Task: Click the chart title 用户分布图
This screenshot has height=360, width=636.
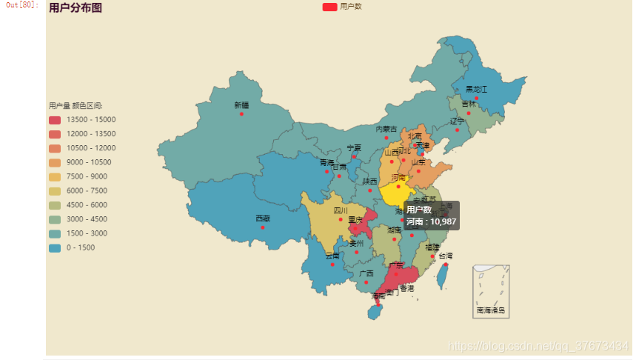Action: [76, 8]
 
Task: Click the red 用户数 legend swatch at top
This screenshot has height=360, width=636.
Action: [329, 7]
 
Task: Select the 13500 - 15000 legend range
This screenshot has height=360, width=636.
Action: [81, 120]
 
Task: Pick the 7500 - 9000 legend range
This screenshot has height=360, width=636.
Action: [81, 177]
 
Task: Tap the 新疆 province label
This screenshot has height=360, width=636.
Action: [241, 105]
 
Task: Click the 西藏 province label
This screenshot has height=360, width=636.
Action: [263, 219]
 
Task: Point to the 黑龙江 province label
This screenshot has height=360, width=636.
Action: [476, 89]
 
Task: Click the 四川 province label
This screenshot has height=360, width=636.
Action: [341, 210]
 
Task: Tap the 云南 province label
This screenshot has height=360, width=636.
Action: [332, 256]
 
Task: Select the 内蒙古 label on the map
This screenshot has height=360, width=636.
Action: [386, 129]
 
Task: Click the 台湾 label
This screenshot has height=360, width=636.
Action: [445, 256]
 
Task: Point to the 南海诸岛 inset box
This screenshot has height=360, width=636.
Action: [491, 291]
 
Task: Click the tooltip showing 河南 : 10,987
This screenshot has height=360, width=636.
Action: [432, 215]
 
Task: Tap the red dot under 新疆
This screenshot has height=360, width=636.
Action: [241, 114]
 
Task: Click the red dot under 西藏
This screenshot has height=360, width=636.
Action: [263, 227]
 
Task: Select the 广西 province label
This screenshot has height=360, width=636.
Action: [366, 273]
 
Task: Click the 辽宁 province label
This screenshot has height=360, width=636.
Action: [457, 121]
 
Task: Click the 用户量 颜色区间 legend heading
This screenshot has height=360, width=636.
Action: [76, 106]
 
